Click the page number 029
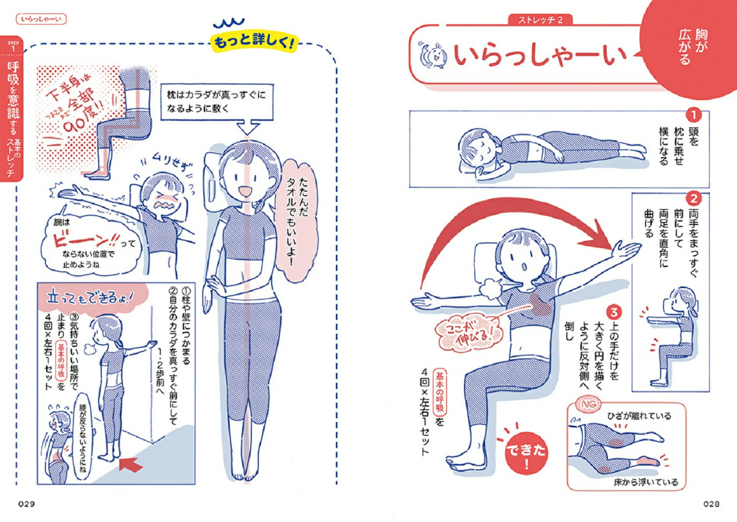pyautogui.click(x=26, y=504)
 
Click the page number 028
pyautogui.click(x=711, y=504)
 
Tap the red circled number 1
pyautogui.click(x=693, y=115)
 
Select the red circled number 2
pyautogui.click(x=694, y=199)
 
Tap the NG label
pyautogui.click(x=589, y=405)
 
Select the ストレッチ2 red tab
pyautogui.click(x=540, y=20)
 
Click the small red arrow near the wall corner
pyautogui.click(x=131, y=463)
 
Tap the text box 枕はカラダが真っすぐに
pyautogui.click(x=216, y=101)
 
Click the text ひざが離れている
pyautogui.click(x=639, y=416)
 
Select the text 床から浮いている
pyautogui.click(x=646, y=482)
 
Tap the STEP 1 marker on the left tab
pyautogui.click(x=13, y=46)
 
